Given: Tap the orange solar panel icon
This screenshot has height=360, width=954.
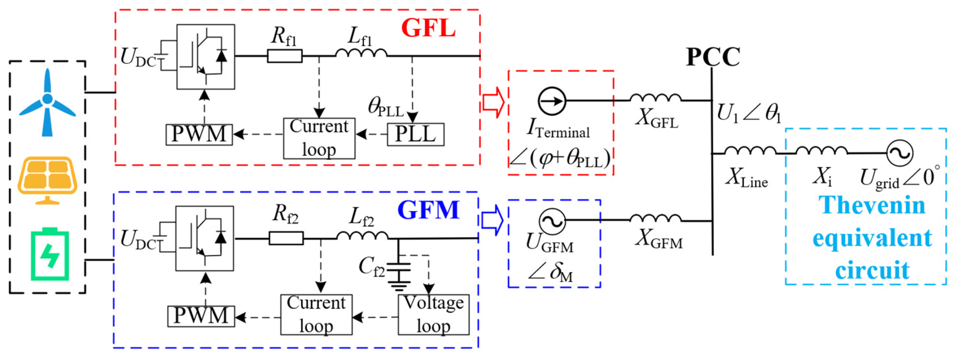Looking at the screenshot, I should [x=48, y=179].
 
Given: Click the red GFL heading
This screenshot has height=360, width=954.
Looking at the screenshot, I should [x=428, y=28].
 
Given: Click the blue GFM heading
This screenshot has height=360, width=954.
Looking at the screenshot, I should [x=428, y=210].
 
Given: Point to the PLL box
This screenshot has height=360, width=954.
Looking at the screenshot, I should [x=415, y=134].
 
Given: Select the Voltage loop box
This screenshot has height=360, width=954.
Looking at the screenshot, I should [x=433, y=314].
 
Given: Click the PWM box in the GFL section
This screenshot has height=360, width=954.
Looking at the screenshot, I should [x=199, y=134].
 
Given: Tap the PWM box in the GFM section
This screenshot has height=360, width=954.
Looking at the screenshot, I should [x=201, y=316].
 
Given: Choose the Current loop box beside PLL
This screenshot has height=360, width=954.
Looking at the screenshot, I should [x=319, y=138].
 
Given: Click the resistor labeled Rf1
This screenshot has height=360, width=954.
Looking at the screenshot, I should [x=285, y=56].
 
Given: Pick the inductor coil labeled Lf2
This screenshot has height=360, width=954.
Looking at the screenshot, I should [x=362, y=235].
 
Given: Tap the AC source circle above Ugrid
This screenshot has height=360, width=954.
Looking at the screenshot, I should [x=900, y=152].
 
